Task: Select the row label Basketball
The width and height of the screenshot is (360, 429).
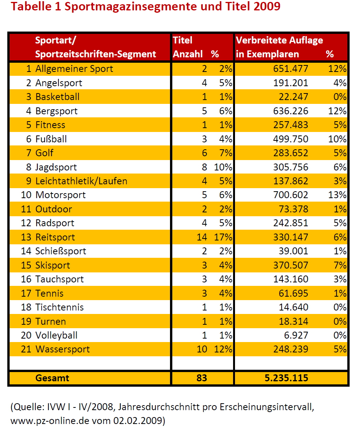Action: coord(57,97)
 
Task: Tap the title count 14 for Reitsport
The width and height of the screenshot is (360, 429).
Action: coord(202,237)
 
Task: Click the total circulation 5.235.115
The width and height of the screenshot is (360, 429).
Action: coord(286,378)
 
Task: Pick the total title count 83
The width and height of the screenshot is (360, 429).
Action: coord(202,378)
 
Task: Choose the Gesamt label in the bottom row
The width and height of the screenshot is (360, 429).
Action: coord(52,378)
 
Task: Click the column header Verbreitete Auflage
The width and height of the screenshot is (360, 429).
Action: coord(280,40)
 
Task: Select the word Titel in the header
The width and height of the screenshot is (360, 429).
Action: coord(183,40)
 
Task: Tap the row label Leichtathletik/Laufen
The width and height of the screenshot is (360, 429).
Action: coord(81,181)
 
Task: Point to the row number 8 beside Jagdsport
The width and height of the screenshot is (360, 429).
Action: coord(28,167)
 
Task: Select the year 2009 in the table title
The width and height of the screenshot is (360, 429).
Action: coord(267,7)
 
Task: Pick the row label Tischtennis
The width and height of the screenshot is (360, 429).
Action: coord(60,307)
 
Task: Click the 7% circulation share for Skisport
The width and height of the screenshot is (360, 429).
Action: coord(340,265)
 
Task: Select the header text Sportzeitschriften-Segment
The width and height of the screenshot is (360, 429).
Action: coord(96,54)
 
